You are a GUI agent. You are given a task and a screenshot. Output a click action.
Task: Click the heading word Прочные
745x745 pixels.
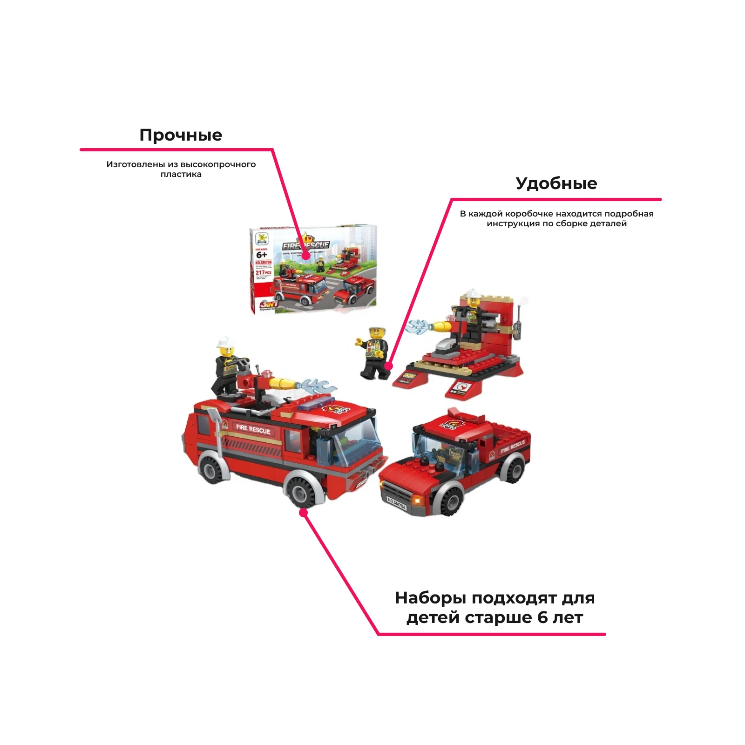[181, 135]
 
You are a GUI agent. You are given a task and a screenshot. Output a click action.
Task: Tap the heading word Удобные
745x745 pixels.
[556, 183]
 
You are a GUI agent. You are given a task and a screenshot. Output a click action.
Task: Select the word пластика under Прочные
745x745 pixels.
[181, 175]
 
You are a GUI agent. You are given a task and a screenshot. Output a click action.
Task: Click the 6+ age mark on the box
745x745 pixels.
[262, 255]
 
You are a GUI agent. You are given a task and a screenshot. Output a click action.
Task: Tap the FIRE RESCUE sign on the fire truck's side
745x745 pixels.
[253, 428]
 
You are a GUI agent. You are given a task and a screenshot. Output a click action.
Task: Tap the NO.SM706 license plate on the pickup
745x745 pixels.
[397, 503]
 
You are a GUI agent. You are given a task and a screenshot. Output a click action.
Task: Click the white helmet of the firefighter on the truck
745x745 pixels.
[225, 342]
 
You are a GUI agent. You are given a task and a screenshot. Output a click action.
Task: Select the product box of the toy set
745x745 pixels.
[313, 270]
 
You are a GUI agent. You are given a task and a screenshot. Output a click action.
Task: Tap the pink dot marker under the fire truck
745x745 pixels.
[304, 513]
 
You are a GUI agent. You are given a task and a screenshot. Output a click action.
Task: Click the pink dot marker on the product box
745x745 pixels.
[306, 256]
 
